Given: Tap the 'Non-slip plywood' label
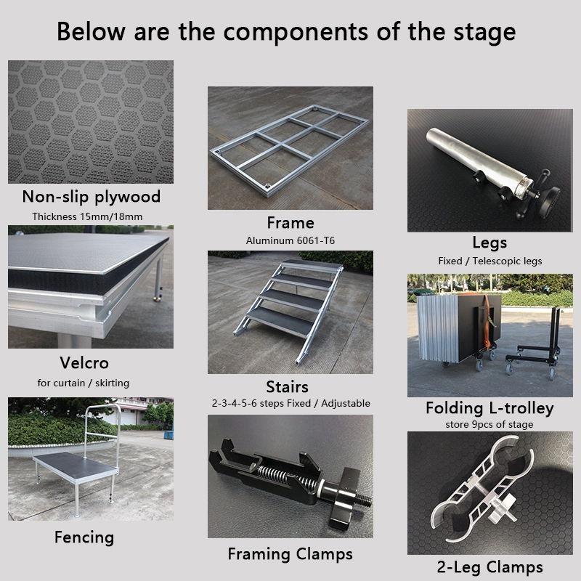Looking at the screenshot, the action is point(92,197).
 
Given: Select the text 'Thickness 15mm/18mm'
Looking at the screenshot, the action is point(87,216).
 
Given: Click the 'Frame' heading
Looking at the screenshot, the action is point(290,223).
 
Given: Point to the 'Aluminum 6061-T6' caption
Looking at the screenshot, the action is point(290,240).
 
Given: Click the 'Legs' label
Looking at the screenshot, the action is point(489,243).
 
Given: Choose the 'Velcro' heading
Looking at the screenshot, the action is point(84,362).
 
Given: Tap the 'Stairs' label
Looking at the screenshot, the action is point(287,387).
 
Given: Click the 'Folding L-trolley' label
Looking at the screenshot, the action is point(489,408).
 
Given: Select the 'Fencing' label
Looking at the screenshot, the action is point(84,537).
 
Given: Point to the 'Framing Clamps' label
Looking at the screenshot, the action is point(290,554).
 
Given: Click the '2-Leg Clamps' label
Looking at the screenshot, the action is point(489,567).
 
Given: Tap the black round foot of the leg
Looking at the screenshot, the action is point(548,203).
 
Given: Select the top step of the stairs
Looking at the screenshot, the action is point(312,264).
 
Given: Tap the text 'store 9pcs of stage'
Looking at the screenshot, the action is point(489,424).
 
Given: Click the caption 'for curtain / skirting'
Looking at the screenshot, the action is point(84,383).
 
